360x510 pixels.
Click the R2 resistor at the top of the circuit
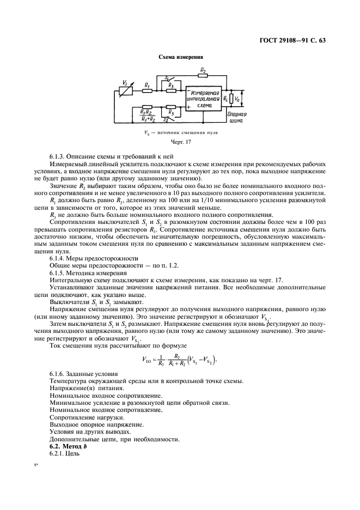(203, 75)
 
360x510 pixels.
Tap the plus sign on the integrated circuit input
(188, 107)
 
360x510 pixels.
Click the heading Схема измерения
(180, 57)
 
